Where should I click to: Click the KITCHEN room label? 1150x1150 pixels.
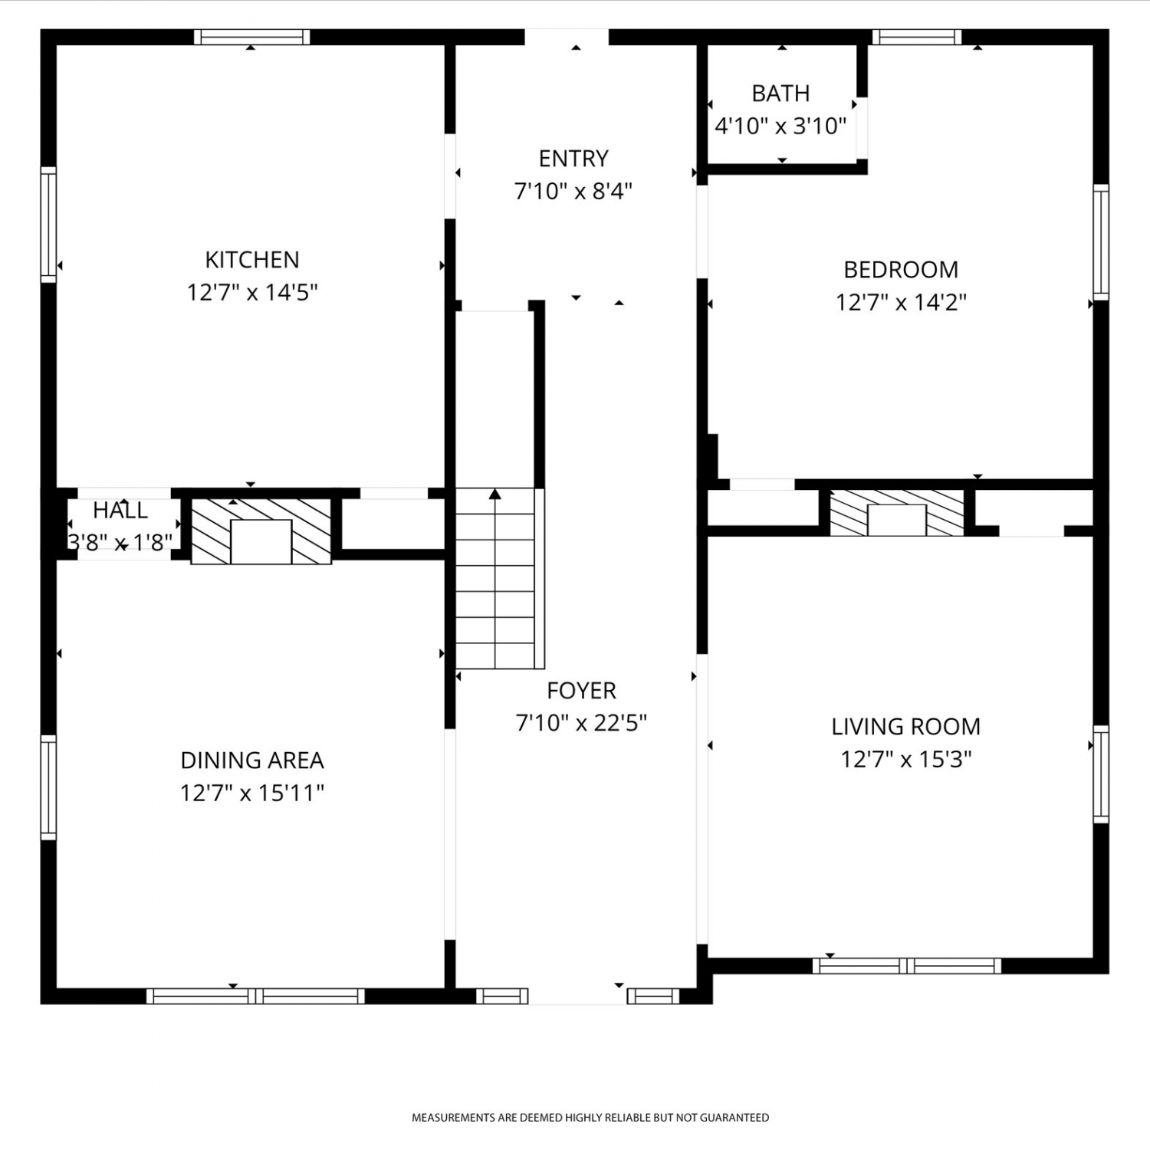click(252, 260)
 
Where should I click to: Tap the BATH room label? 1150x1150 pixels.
click(780, 94)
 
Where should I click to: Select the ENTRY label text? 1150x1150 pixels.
click(573, 159)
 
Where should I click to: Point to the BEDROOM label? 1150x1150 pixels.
click(901, 270)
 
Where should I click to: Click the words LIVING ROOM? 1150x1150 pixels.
click(906, 727)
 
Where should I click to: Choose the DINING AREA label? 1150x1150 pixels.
click(252, 761)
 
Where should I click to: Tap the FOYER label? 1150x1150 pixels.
click(581, 691)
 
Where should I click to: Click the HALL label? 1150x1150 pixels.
click(120, 511)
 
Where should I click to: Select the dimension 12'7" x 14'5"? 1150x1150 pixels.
click(252, 293)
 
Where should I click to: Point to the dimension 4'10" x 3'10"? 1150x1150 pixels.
click(780, 126)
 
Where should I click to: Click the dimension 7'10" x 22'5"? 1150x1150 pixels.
click(581, 723)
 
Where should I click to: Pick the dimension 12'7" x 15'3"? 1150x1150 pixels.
click(906, 760)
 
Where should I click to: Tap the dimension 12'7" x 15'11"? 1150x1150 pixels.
click(252, 793)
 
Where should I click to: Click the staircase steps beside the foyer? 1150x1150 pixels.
click(495, 578)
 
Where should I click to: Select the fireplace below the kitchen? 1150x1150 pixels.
click(261, 531)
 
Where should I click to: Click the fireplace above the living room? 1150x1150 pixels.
click(897, 512)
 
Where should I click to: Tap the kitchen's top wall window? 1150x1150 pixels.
click(251, 37)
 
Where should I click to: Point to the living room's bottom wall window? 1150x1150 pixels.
click(907, 966)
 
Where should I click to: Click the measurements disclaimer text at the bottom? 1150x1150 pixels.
click(590, 1117)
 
